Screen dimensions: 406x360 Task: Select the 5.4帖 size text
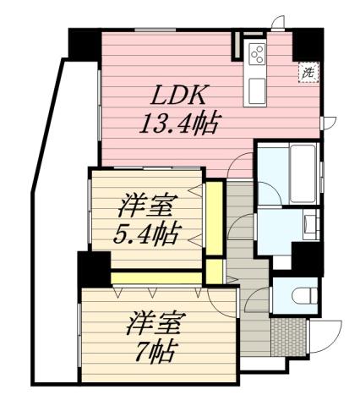[x=147, y=232]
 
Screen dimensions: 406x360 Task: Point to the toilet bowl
[x=303, y=295]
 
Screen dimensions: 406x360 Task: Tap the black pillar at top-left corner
[x=84, y=42]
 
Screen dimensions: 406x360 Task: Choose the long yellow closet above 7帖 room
[x=156, y=277]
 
